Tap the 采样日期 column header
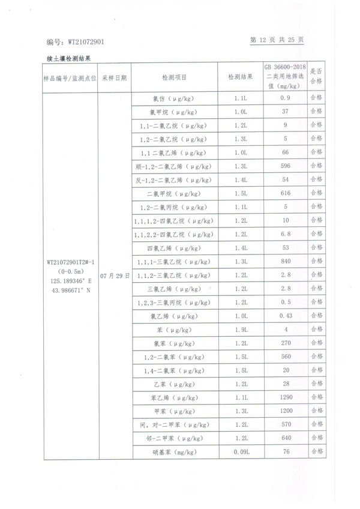pyautogui.click(x=114, y=78)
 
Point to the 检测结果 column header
pyautogui.click(x=239, y=78)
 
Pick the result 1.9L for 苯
pyautogui.click(x=239, y=330)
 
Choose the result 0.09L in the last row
pyautogui.click(x=239, y=452)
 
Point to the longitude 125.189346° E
pyautogui.click(x=70, y=280)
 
